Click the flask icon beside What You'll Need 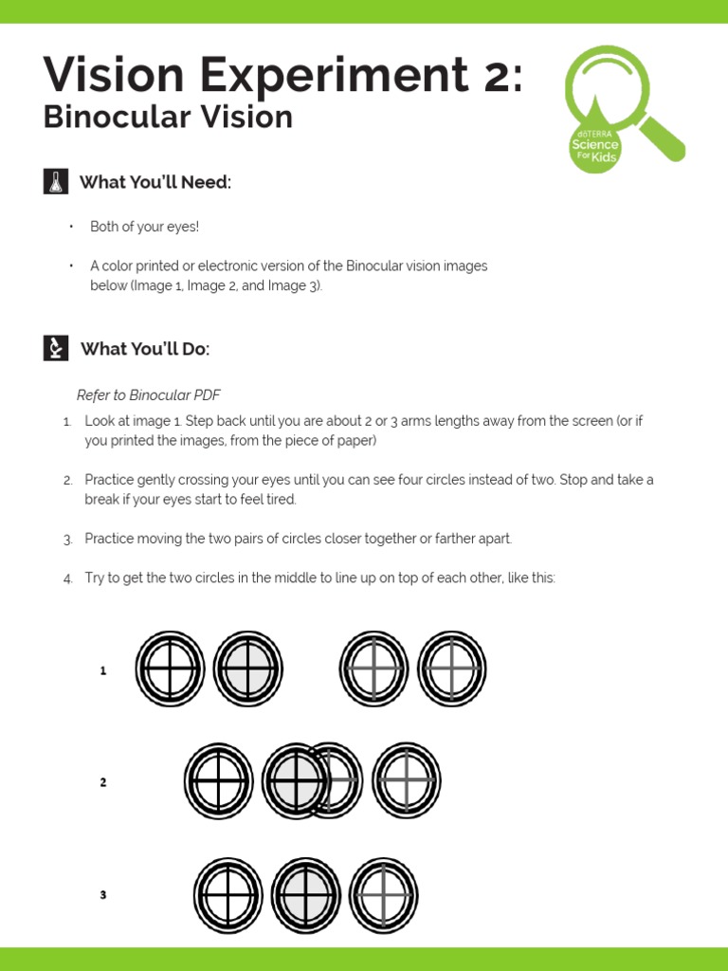[56, 181]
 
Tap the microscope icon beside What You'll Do [56, 348]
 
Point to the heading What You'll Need [155, 182]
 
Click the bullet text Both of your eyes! [144, 227]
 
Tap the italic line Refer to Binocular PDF [148, 394]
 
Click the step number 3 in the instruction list [68, 540]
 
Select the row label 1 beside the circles [103, 671]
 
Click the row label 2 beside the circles [103, 783]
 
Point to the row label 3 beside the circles [103, 895]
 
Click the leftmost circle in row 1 [170, 669]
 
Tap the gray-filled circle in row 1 [248, 669]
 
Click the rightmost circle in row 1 [452, 669]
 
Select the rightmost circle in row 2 [407, 781]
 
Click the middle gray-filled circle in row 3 [306, 895]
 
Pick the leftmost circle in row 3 [228, 895]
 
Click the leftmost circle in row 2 [219, 781]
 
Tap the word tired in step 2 [280, 500]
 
